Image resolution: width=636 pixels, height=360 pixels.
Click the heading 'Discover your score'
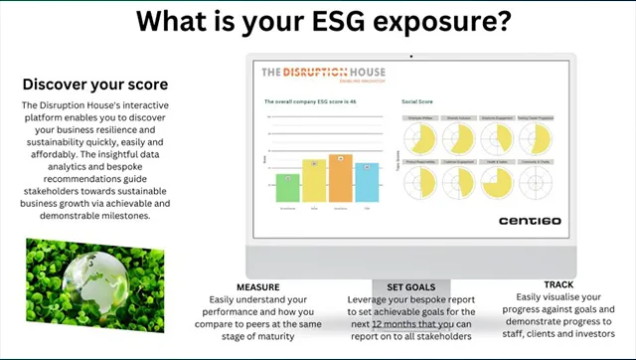click(x=95, y=84)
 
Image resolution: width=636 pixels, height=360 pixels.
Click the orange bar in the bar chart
click(x=340, y=178)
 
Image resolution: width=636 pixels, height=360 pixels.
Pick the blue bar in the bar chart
click(x=367, y=182)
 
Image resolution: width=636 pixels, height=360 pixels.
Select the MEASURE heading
click(x=257, y=286)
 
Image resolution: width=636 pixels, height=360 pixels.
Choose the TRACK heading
click(x=558, y=284)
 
